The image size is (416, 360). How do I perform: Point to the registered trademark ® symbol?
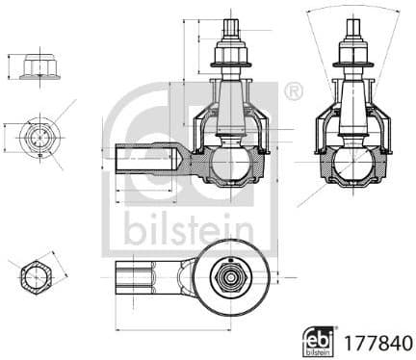click(x=294, y=91)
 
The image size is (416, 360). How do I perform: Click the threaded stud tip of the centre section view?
click(x=231, y=28)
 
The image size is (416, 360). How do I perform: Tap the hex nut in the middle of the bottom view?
click(x=230, y=279)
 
